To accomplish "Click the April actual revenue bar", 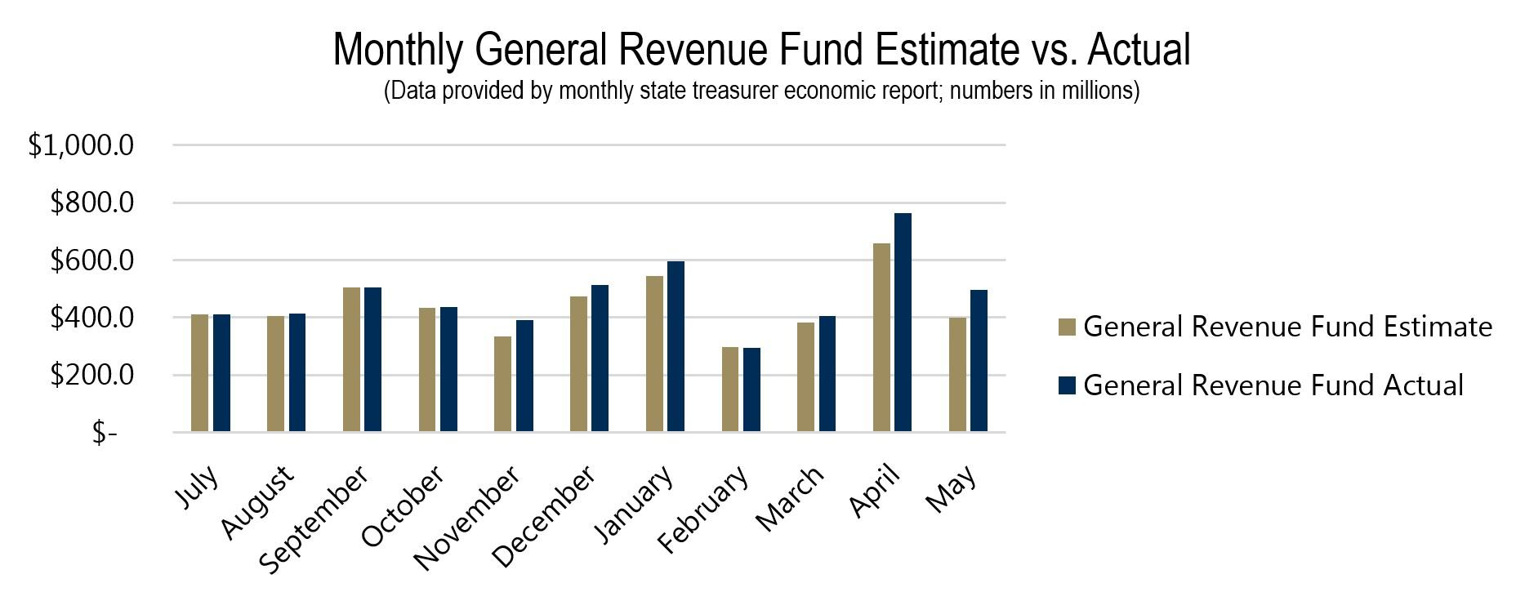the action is (903, 323).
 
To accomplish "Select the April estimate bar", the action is (881, 337).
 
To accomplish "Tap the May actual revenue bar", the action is (979, 360).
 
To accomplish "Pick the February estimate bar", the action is (730, 389).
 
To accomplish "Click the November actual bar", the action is (524, 376).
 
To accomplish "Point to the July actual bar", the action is (221, 372).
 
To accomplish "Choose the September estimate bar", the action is (351, 359).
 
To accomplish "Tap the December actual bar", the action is (600, 358).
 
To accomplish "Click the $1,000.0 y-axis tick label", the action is (81, 146).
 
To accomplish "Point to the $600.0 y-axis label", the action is (91, 261).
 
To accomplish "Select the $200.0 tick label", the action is (91, 376).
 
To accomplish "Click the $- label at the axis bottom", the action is (105, 433).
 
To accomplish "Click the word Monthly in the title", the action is (398, 49).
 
